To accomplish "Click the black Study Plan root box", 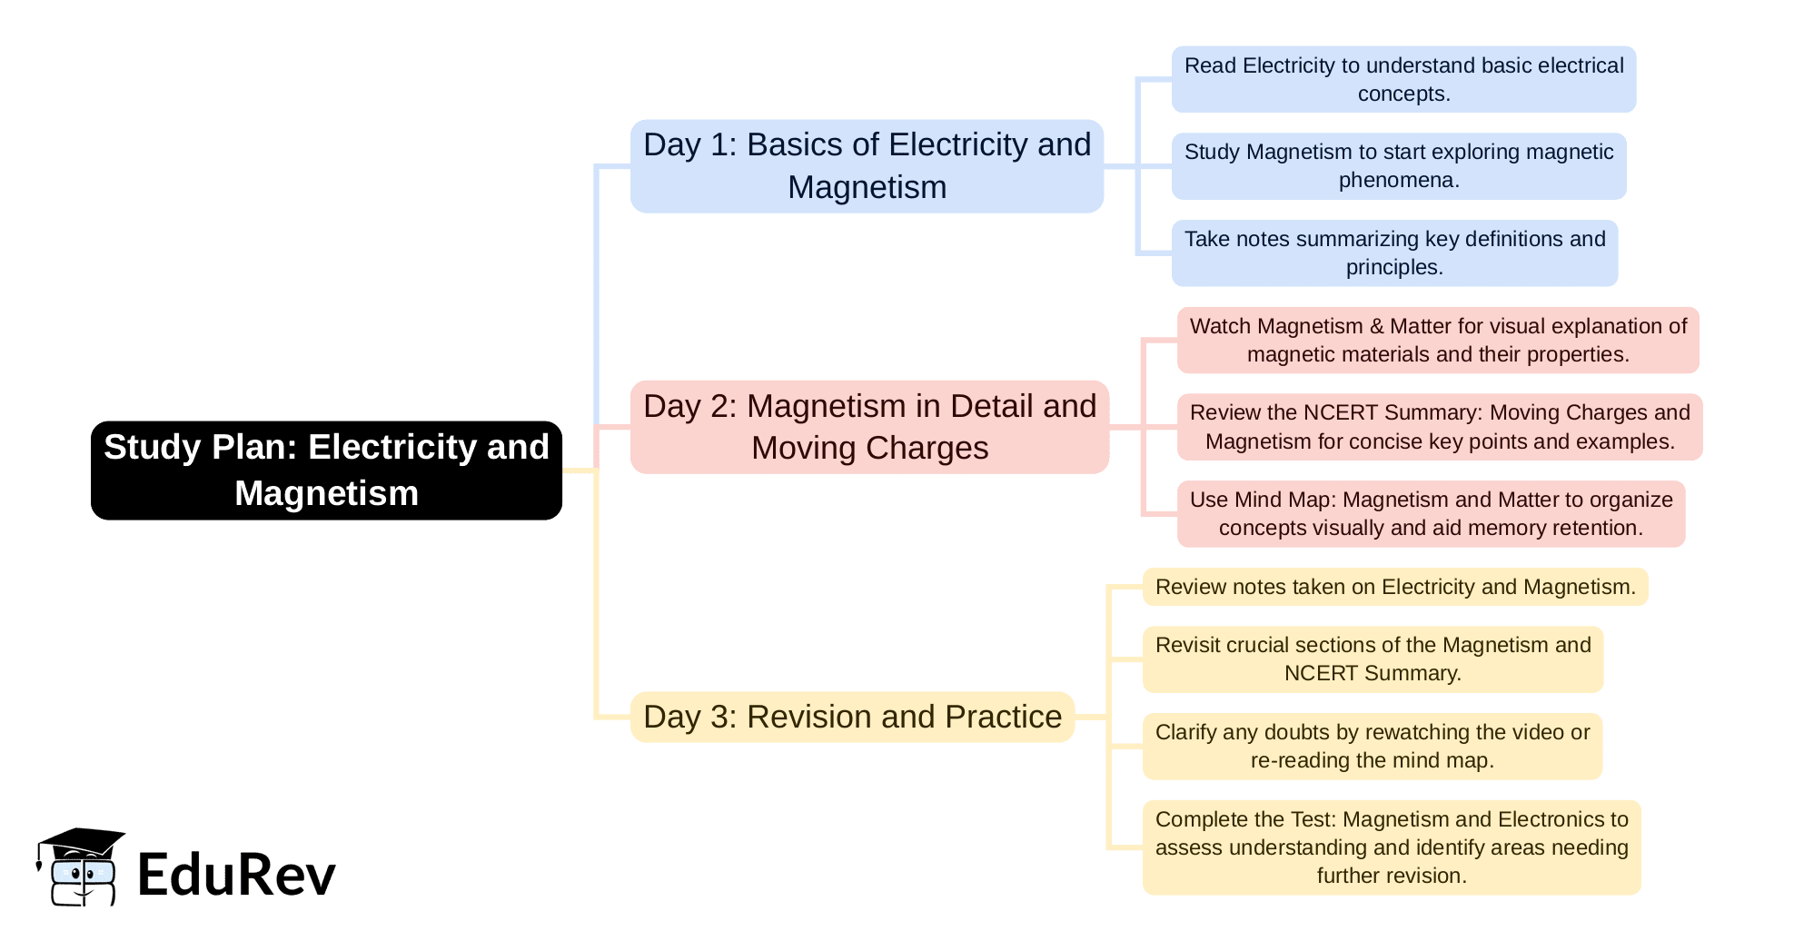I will (x=326, y=470).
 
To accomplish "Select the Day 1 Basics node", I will (x=867, y=166).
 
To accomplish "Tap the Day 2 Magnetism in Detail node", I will (x=869, y=427).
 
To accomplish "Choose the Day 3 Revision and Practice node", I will (x=852, y=717).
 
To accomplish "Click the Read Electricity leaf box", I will (x=1403, y=79).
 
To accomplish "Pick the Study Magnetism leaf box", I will (x=1398, y=166).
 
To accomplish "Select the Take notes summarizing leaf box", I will (x=1394, y=253).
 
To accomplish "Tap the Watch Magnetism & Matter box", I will (x=1438, y=340).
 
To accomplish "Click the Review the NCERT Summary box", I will (x=1440, y=427).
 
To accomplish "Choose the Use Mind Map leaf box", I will (x=1431, y=513).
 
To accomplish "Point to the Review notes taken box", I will (x=1394, y=587).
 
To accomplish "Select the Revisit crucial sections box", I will (x=1373, y=659).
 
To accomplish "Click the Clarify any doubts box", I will (x=1372, y=746).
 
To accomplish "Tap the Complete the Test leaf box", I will (x=1392, y=847).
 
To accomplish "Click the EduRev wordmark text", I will (x=236, y=875).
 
